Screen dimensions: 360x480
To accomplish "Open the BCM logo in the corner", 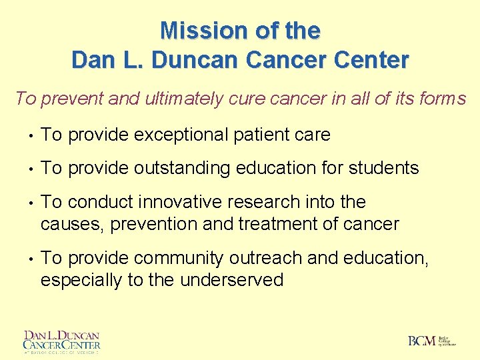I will (x=431, y=341).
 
